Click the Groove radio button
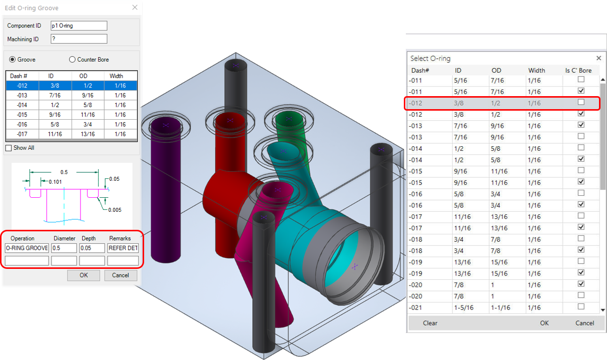point(13,60)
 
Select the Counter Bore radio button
point(72,60)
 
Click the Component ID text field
point(79,26)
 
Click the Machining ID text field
point(79,39)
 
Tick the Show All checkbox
point(9,148)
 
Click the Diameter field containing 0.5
point(64,248)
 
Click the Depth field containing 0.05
point(92,248)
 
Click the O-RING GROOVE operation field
point(27,248)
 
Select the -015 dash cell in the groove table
point(22,115)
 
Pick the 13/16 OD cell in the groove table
point(88,134)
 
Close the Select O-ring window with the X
point(598,58)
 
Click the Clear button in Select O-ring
point(430,323)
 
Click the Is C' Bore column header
point(578,71)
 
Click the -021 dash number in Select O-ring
point(416,307)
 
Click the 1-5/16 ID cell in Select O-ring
point(462,307)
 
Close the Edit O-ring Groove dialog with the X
point(135,8)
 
